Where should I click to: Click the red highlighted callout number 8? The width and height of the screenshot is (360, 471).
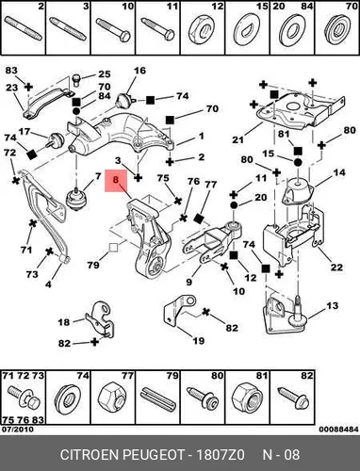[x=116, y=180]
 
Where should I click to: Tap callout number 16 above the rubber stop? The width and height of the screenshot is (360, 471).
[x=140, y=71]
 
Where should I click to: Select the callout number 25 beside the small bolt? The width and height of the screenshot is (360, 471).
[x=105, y=74]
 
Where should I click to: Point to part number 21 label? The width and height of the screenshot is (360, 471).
[x=237, y=139]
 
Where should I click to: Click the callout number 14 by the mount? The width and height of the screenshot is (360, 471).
[x=339, y=172]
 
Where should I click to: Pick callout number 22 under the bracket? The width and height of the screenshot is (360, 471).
[x=336, y=268]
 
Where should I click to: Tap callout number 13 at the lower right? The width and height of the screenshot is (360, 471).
[x=333, y=305]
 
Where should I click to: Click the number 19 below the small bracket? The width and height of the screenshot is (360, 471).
[x=198, y=340]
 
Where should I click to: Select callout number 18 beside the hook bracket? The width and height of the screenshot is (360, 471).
[x=64, y=322]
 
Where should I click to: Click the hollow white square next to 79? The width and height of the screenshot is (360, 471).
[x=113, y=248]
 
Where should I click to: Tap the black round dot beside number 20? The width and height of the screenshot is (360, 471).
[x=234, y=205]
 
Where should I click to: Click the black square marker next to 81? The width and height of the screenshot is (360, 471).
[x=298, y=151]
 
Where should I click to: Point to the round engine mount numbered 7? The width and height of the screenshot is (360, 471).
[x=75, y=200]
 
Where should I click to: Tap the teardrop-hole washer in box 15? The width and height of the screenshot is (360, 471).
[x=247, y=30]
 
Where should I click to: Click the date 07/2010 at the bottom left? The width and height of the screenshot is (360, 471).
[x=17, y=429]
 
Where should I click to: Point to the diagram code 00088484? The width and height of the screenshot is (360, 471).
[x=338, y=430]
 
